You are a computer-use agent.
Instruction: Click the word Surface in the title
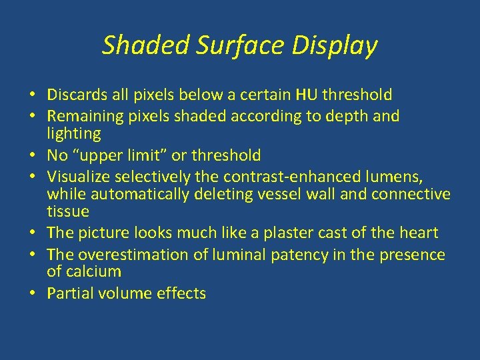[226, 45]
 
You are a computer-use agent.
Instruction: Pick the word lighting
[74, 134]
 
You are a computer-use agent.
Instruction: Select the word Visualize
[79, 177]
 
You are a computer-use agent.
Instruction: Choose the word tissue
[67, 211]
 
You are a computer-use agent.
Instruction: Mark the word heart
[418, 233]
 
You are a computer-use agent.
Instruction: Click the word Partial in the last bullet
[69, 293]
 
